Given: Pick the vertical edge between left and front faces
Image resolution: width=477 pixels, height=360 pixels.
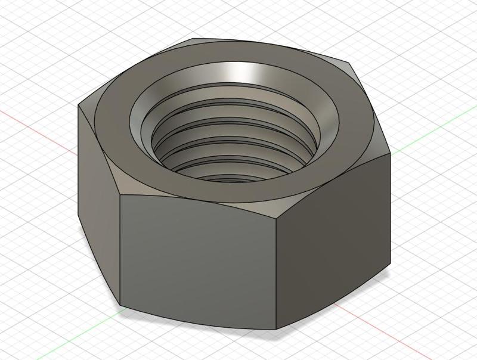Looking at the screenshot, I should pyautogui.click(x=121, y=250).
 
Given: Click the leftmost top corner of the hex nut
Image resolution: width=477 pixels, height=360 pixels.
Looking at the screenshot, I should pyautogui.click(x=79, y=105).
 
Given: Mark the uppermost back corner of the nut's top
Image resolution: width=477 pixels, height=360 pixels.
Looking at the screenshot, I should pyautogui.click(x=191, y=41).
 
